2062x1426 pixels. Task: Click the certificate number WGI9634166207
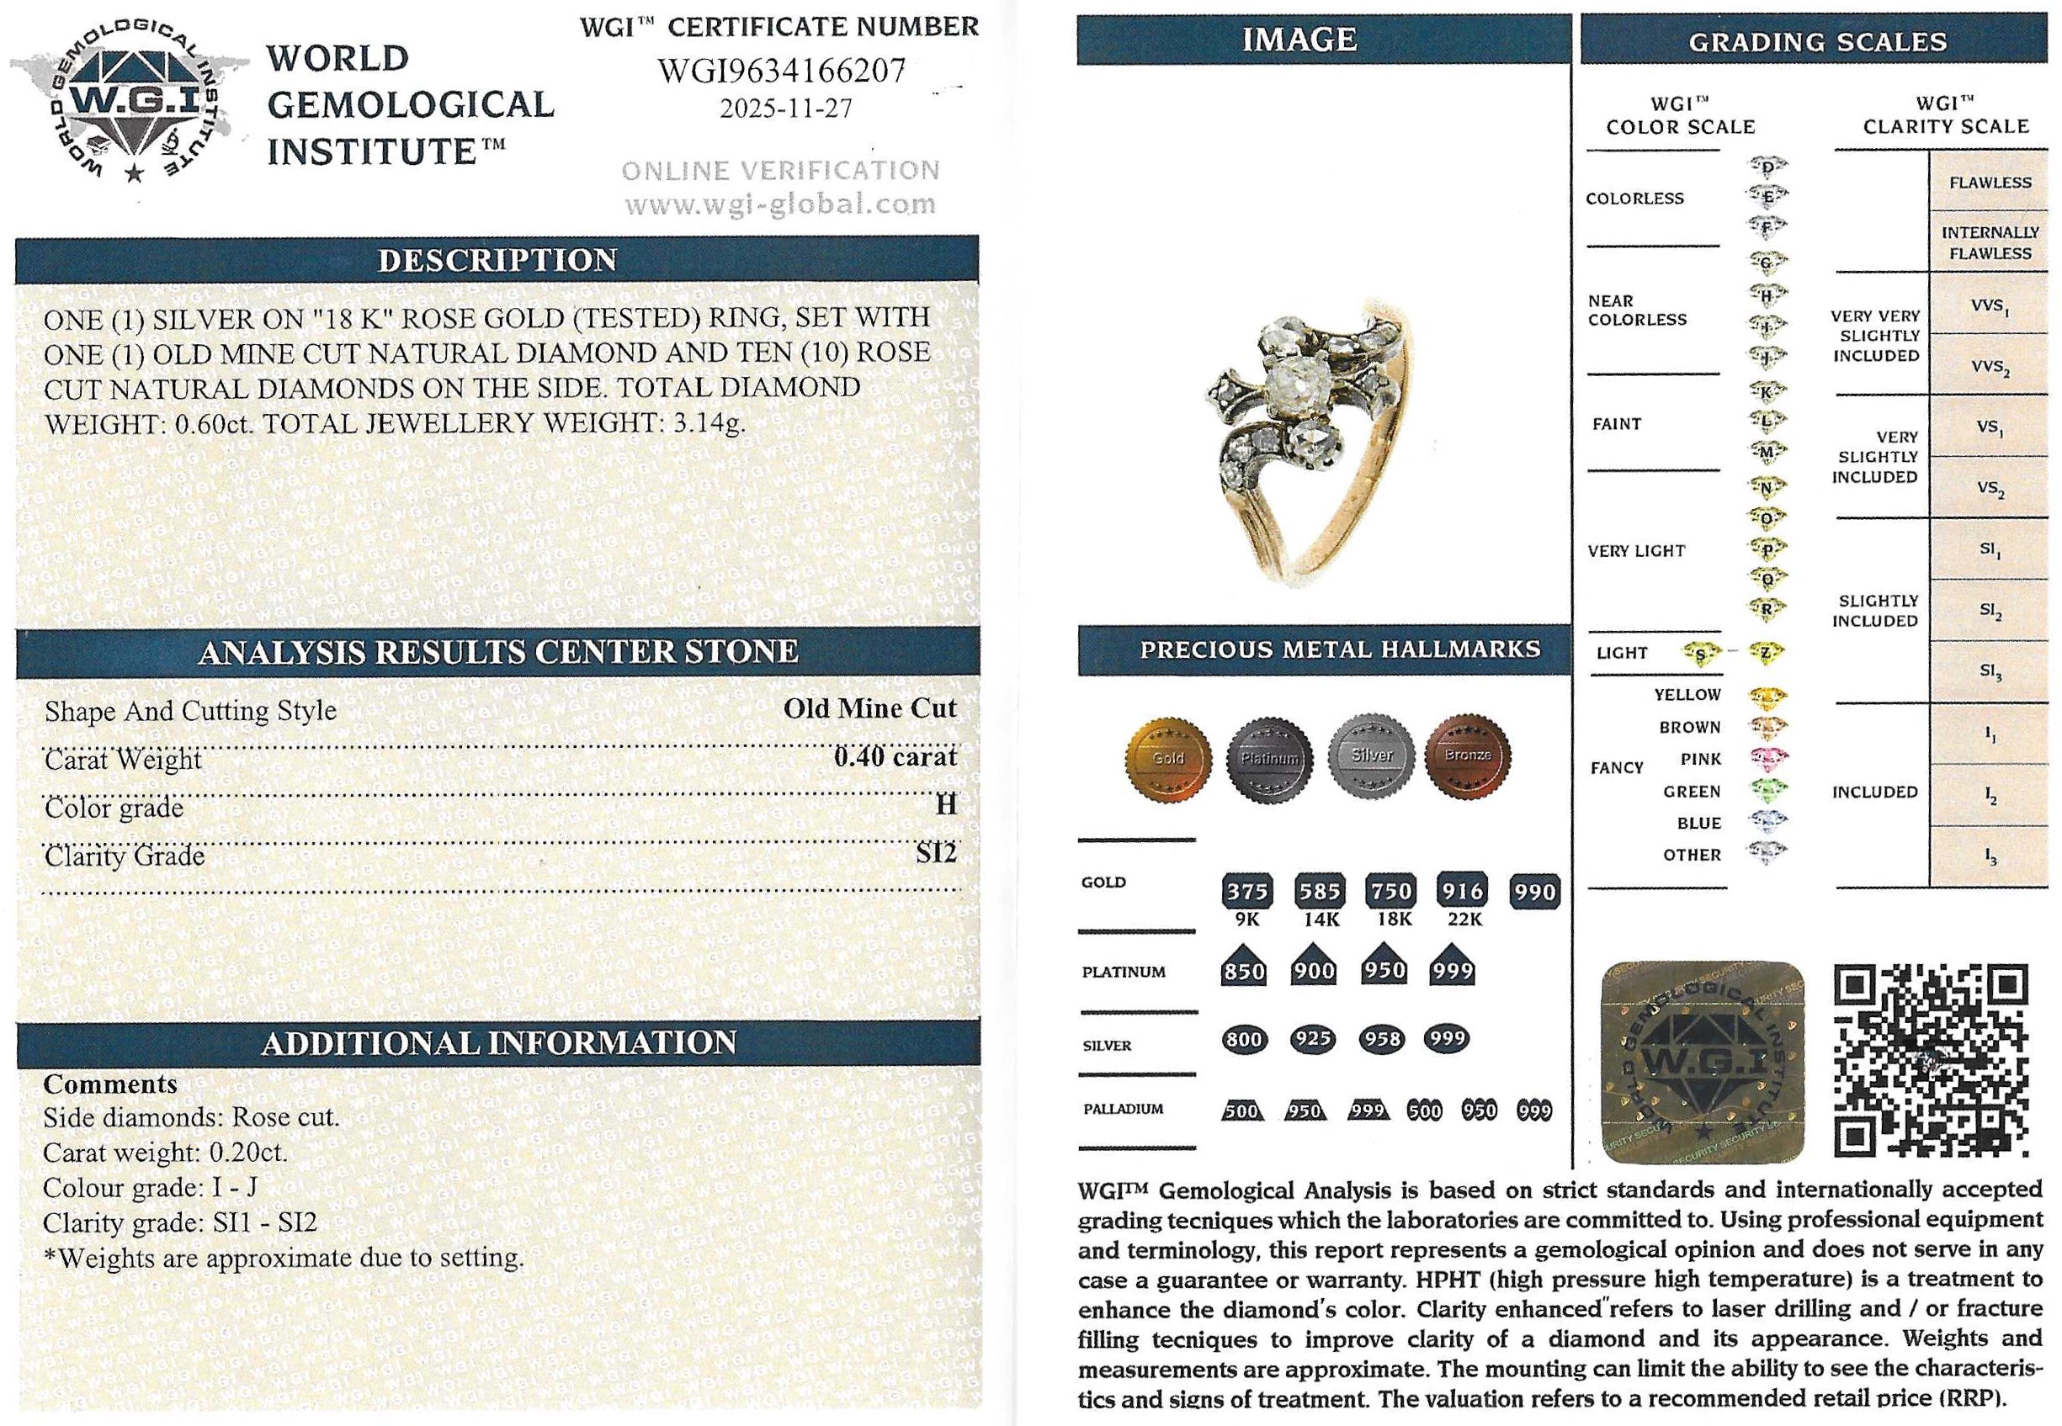(x=781, y=71)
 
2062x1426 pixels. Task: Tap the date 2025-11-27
(x=785, y=109)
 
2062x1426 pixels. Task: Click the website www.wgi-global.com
(x=780, y=205)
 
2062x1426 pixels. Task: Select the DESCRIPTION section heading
(x=497, y=260)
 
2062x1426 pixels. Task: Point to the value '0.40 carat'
(x=895, y=757)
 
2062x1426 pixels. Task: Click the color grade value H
(x=946, y=805)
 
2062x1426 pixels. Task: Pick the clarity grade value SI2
(x=936, y=853)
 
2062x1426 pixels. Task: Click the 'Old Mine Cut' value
(x=869, y=708)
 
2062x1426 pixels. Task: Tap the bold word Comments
(x=110, y=1084)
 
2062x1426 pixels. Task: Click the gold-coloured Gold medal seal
(x=1168, y=759)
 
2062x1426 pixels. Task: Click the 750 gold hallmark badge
(x=1390, y=891)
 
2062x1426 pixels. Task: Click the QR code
(x=1931, y=1060)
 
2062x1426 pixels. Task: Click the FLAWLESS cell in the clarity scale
(x=1990, y=183)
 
